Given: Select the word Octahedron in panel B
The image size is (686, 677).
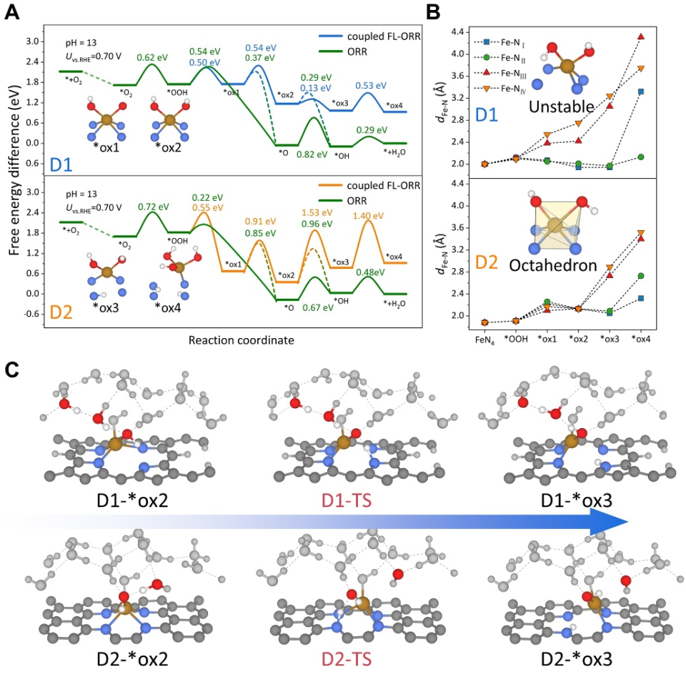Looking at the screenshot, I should click(x=563, y=265).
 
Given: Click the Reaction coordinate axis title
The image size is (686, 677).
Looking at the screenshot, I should click(x=241, y=340).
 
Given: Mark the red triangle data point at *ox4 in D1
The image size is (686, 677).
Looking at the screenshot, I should click(x=640, y=36).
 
